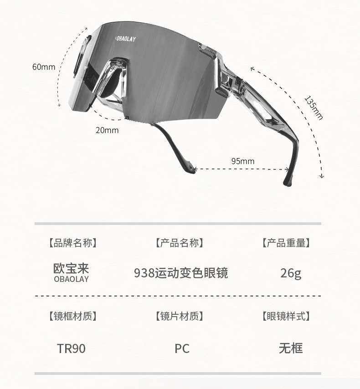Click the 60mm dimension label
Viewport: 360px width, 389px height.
(43, 67)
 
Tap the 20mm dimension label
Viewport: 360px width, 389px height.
(107, 130)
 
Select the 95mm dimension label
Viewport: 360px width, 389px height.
(242, 161)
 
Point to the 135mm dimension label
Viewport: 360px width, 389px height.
(314, 108)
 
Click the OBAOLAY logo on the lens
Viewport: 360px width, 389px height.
(125, 39)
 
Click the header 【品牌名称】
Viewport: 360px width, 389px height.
(72, 243)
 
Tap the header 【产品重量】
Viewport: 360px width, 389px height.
(286, 243)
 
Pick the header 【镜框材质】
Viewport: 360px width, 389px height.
(72, 316)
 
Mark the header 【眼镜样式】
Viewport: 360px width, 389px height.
(286, 316)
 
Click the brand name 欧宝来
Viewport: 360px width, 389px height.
(71, 268)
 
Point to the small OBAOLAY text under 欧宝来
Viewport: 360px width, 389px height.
(71, 279)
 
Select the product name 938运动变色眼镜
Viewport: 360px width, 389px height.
(181, 273)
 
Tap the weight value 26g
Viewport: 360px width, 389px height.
(291, 273)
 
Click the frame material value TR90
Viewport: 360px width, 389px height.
(71, 348)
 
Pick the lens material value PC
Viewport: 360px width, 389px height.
(182, 348)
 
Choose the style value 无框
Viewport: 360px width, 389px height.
(291, 348)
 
